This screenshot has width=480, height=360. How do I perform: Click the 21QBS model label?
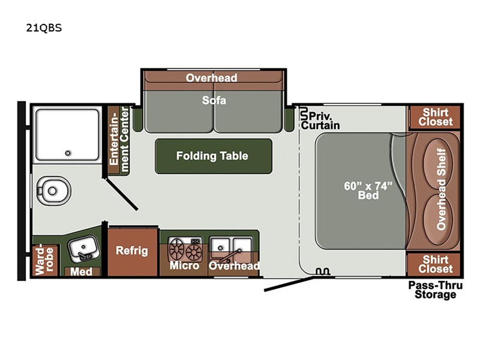coord(44,28)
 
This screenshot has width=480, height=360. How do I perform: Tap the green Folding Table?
coord(214,156)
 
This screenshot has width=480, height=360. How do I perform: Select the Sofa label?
coord(214,100)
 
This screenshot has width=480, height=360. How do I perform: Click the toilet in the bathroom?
coord(53,191)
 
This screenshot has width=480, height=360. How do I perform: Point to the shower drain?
coord(68,153)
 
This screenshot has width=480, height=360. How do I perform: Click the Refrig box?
coord(132,252)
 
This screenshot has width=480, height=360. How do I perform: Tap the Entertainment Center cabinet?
coord(119,140)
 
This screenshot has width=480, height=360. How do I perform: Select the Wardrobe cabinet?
coord(44,260)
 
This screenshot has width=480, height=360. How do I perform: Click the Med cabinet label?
coord(81,272)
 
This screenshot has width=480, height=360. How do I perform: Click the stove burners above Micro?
coord(185,249)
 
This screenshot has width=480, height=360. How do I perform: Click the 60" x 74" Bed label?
coord(368,190)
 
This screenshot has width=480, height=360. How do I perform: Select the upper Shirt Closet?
coord(435,117)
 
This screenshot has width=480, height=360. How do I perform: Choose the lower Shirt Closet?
coord(434,264)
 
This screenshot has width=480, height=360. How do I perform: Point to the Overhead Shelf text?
coord(441,189)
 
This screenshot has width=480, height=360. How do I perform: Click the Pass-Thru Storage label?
coord(436,290)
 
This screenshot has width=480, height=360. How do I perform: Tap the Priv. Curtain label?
coord(320,121)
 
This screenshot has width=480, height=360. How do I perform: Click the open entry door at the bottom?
coord(289,284)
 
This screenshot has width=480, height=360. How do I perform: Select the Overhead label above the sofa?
coord(212,78)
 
